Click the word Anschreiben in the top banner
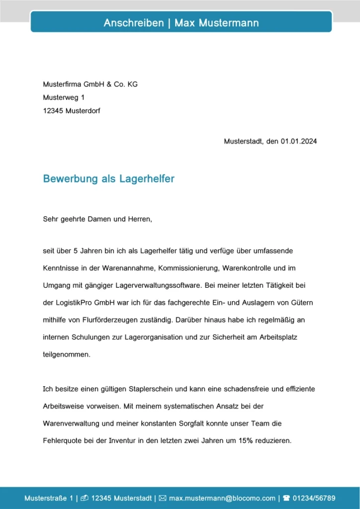pos(133,23)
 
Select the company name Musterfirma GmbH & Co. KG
pos(90,85)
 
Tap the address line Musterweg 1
pos(64,98)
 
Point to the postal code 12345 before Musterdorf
pos(53,111)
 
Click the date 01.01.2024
pos(298,141)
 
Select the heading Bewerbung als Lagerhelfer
pos(108,179)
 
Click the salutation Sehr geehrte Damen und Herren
pos(97,219)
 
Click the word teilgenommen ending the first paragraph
pos(67,355)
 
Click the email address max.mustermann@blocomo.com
pos(222,498)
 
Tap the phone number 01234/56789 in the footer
pos(314,498)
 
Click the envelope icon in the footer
pos(162,498)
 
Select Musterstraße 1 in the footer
pos(49,498)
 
